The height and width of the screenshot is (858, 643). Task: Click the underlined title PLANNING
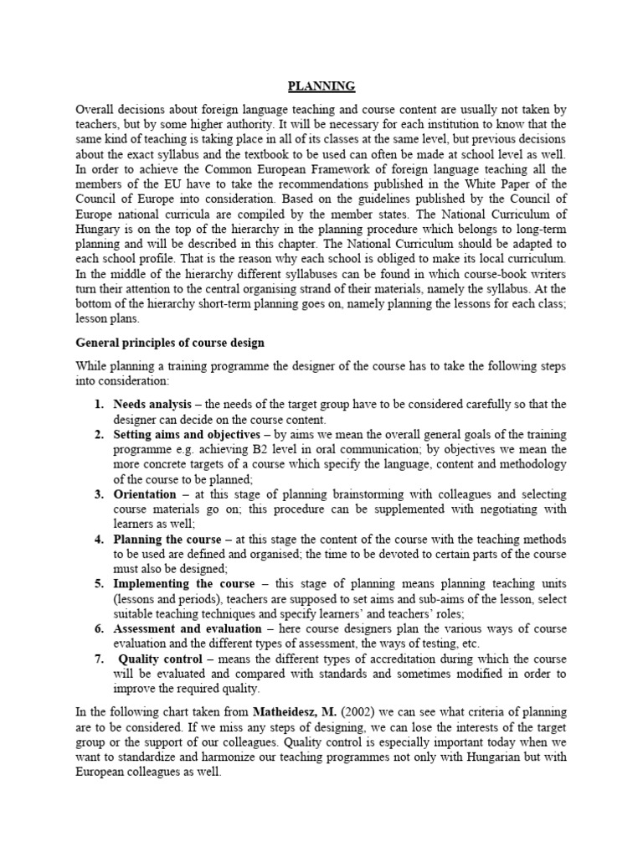(321, 85)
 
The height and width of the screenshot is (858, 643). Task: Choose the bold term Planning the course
(167, 539)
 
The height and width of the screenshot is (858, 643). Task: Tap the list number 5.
(98, 584)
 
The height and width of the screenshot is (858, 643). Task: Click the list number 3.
(98, 494)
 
